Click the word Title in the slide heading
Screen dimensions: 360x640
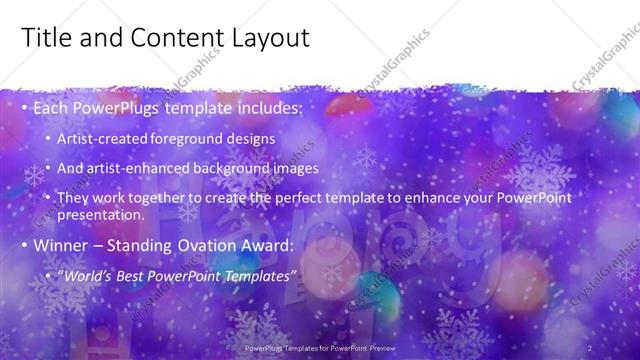44,38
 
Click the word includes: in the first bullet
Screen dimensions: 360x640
263,107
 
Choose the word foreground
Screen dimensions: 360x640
190,138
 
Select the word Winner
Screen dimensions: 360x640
62,245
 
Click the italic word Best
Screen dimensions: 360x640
135,275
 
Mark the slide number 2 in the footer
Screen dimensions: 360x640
589,347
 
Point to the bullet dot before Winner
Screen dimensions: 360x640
24,246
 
